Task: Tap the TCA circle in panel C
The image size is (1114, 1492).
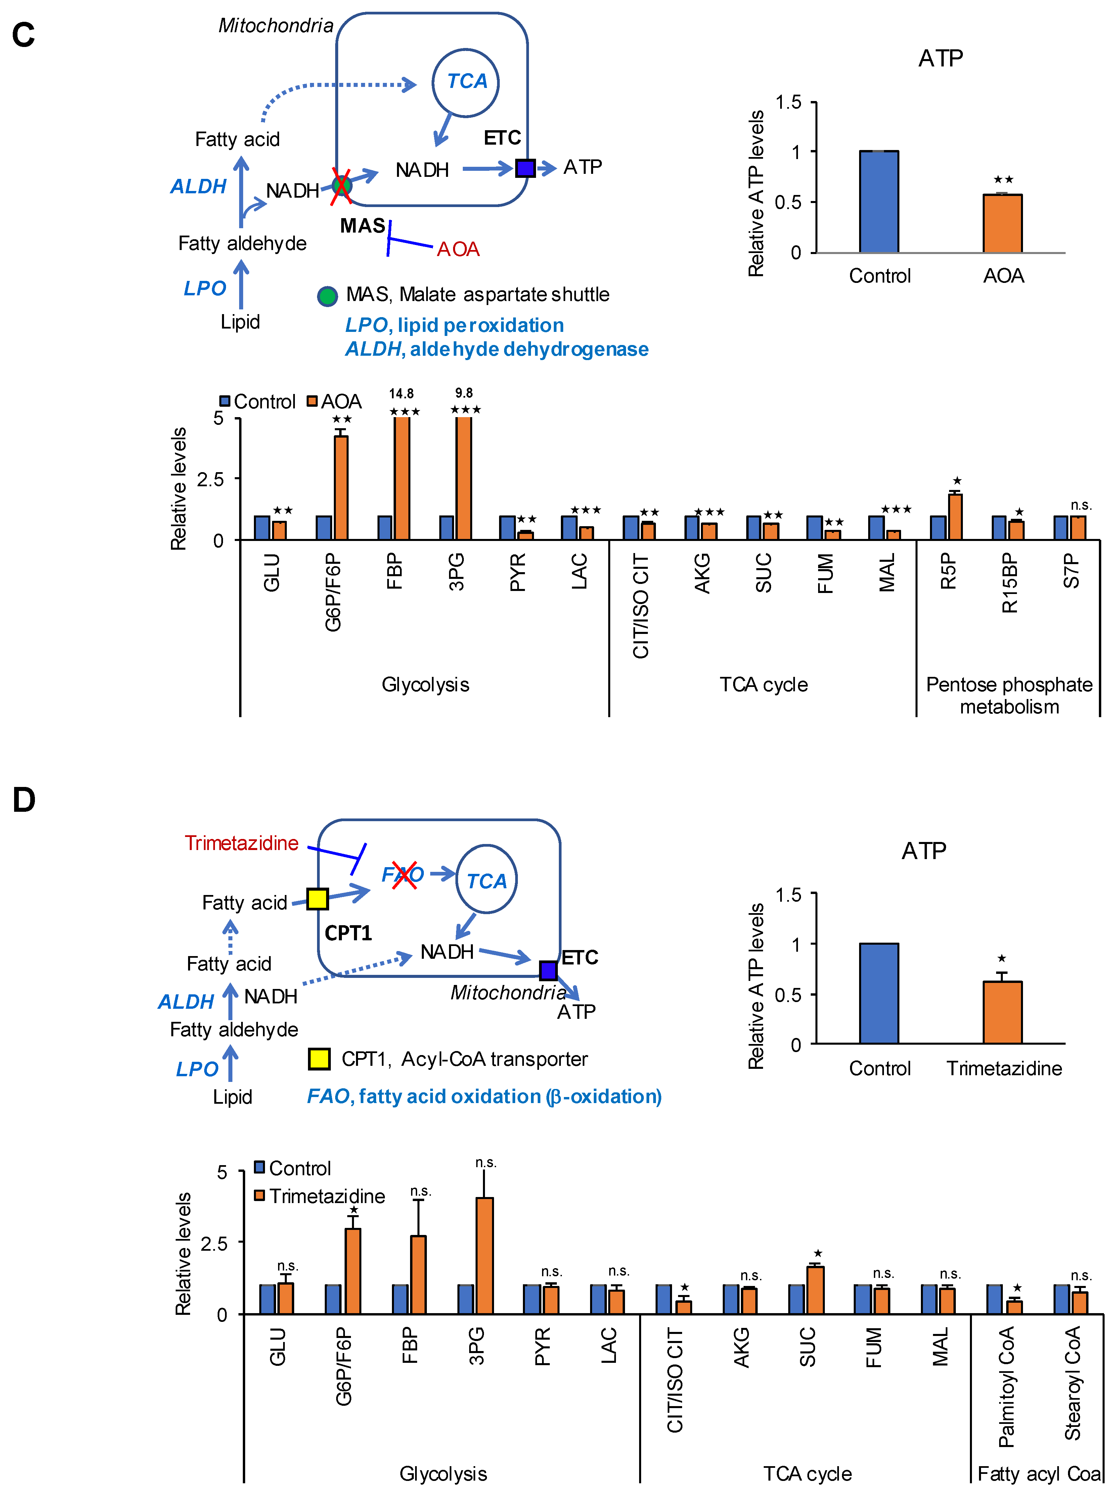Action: tap(466, 82)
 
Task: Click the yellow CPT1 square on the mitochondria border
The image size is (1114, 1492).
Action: tap(318, 898)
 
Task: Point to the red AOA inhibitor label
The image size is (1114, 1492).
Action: tap(458, 249)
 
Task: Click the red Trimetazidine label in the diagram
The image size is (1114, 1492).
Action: tap(241, 843)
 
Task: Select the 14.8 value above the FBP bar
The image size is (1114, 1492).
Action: tap(401, 394)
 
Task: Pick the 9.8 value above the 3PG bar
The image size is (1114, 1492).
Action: tap(464, 393)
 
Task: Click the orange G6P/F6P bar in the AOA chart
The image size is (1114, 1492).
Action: tap(341, 487)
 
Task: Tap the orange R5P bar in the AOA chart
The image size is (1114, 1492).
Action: tap(955, 517)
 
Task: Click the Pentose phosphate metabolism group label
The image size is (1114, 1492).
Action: tap(1009, 695)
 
